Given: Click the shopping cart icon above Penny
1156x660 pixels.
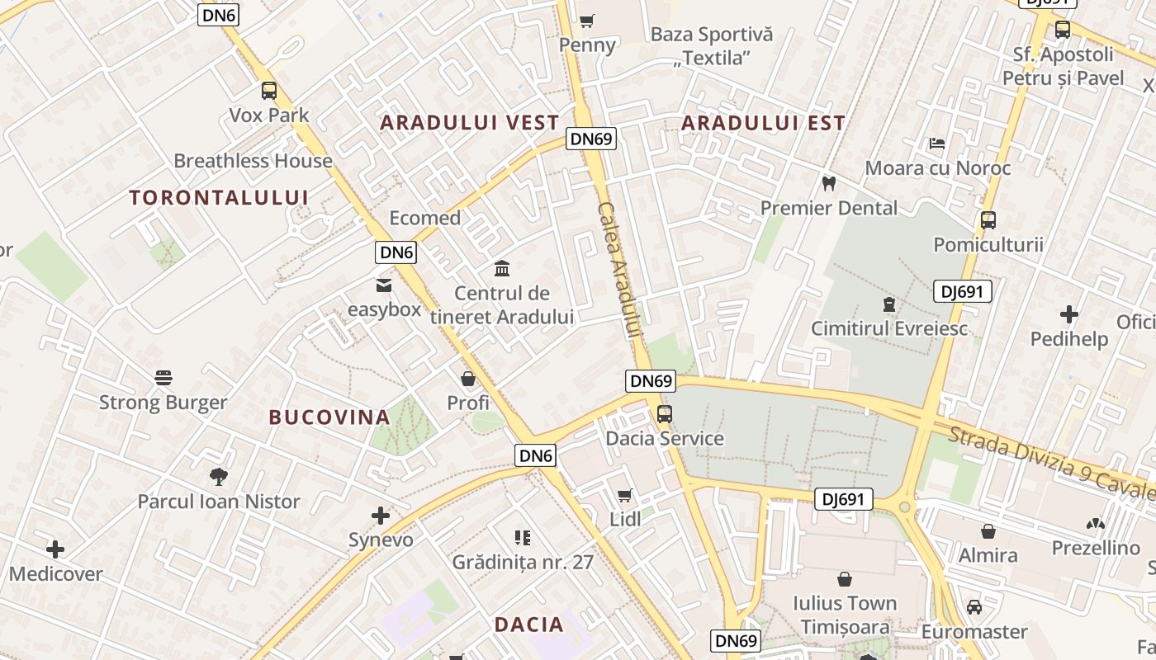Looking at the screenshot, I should point(587,21).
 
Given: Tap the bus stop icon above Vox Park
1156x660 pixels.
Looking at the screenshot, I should point(269,91).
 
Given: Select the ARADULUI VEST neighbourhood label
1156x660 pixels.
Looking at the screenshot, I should point(469,123).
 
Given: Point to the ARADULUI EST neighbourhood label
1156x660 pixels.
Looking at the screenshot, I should point(763,123).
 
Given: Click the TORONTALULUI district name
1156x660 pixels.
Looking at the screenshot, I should point(219,197).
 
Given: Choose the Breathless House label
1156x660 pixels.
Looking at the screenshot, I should point(253,161).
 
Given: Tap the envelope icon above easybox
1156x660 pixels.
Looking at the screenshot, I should point(384,285).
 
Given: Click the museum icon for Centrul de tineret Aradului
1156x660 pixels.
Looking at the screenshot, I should point(502,268).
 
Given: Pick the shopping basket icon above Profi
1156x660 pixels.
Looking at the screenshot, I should point(468,379).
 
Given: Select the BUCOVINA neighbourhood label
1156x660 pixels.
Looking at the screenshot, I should point(329,417).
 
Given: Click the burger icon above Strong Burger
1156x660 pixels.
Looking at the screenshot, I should point(163,378).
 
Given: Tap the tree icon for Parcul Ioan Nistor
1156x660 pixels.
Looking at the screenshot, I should point(219,476).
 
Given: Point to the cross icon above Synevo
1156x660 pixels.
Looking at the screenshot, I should point(381,516).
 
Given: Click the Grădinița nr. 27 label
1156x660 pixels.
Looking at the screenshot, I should point(523,563).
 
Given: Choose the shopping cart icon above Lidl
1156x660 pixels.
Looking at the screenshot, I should point(625,495).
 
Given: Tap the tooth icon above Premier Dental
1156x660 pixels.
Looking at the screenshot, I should point(829,183).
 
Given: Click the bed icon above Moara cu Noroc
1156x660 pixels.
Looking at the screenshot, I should point(937,144).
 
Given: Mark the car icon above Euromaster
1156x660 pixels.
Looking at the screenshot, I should point(974,607).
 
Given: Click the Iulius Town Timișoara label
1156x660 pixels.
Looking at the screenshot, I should point(845,615).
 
